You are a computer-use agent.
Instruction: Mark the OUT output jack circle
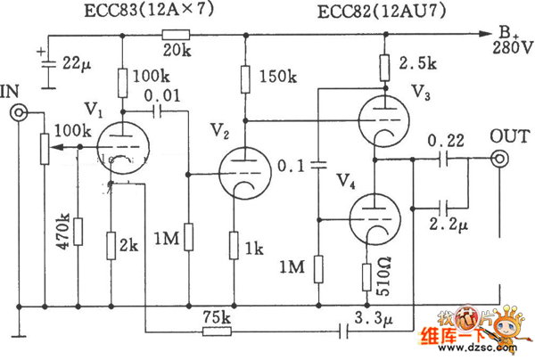500,160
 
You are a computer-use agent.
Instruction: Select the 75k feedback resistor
218,331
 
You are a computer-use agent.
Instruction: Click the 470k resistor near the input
78,233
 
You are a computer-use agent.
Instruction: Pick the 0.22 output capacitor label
444,142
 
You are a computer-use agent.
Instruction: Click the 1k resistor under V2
234,243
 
